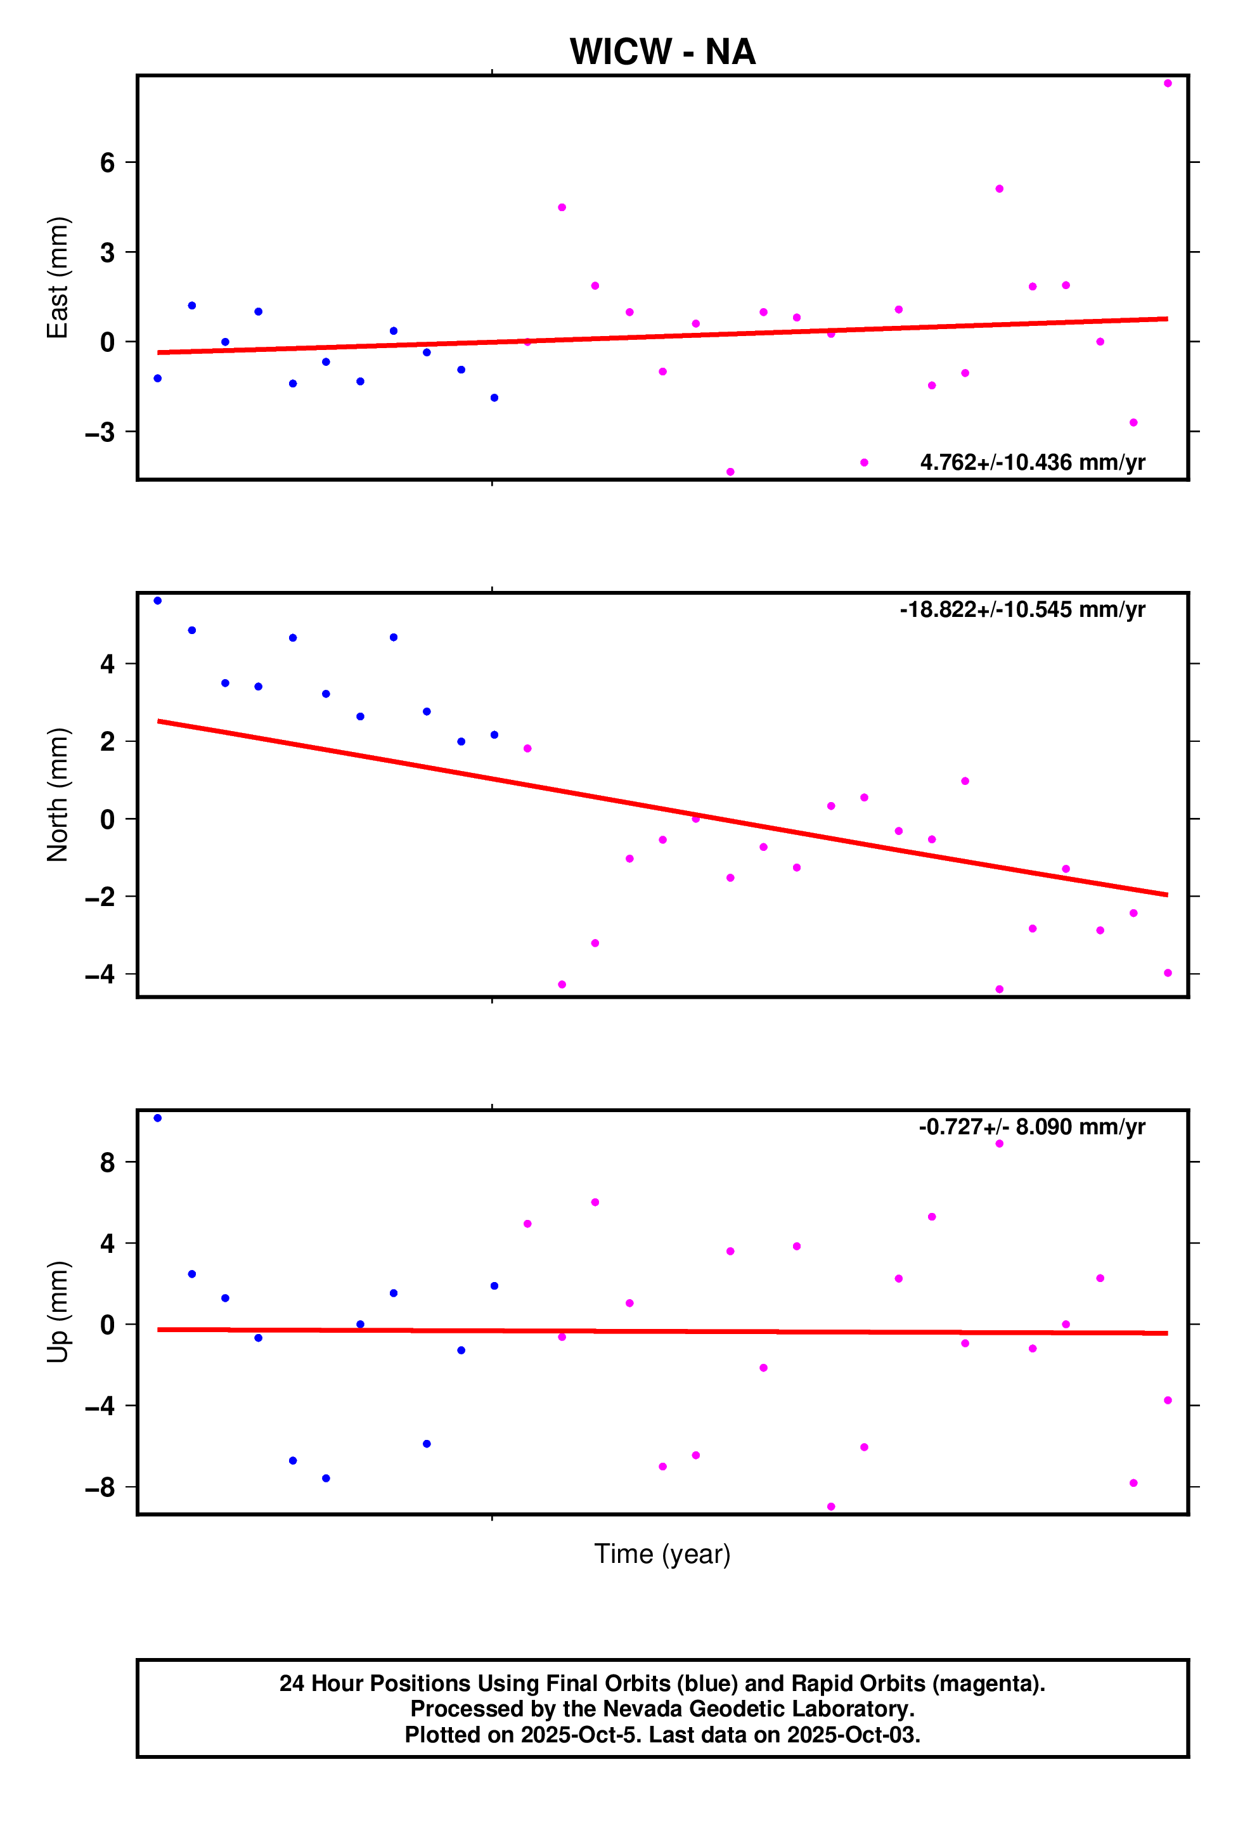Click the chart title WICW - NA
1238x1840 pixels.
(662, 52)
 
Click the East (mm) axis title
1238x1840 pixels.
(58, 277)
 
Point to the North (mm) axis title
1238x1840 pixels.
(58, 794)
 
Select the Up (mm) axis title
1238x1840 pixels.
(58, 1312)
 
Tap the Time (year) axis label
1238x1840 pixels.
(662, 1553)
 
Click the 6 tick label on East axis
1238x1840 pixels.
(107, 163)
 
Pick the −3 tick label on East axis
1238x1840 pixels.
(101, 432)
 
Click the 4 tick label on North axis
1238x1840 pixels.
(107, 664)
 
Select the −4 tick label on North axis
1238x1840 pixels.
(101, 975)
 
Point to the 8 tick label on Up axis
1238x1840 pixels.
(107, 1162)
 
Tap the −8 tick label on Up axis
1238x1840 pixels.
(101, 1488)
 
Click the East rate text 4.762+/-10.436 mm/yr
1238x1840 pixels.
(1032, 462)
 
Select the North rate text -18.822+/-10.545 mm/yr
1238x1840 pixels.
(1022, 610)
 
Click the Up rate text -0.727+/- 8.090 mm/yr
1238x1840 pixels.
(1031, 1127)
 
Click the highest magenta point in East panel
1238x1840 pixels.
(1167, 83)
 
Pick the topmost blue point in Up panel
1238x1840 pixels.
(158, 1118)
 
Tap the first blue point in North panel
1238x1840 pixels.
(158, 601)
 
